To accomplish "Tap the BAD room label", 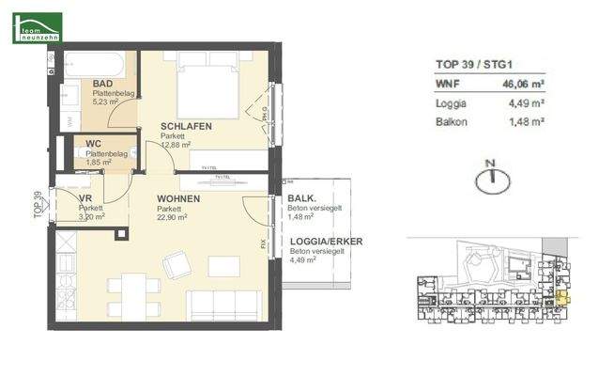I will point(102,84).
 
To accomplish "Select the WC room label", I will point(93,145).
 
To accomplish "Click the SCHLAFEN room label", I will point(185,126).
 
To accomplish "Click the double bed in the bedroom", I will point(207,83).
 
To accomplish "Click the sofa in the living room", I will point(224,305).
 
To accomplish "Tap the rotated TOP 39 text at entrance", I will point(38,204).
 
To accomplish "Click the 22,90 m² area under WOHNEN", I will point(173,216).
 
